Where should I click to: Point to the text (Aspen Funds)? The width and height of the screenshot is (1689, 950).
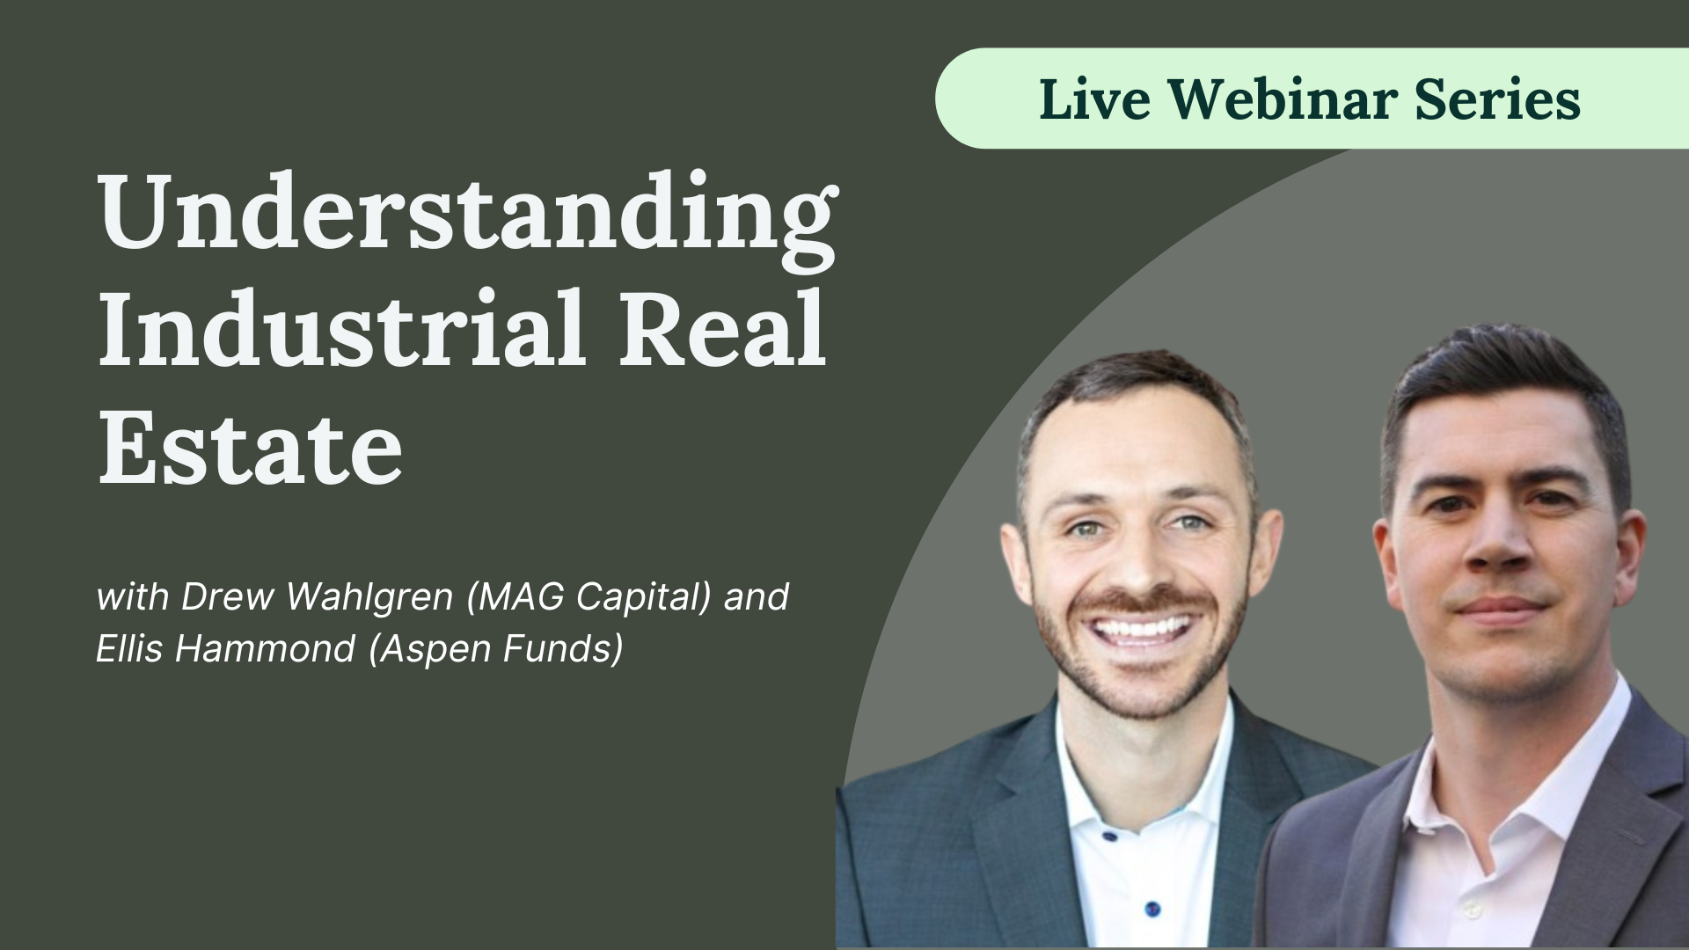[496, 649]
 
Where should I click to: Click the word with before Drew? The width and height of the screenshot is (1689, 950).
[131, 597]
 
